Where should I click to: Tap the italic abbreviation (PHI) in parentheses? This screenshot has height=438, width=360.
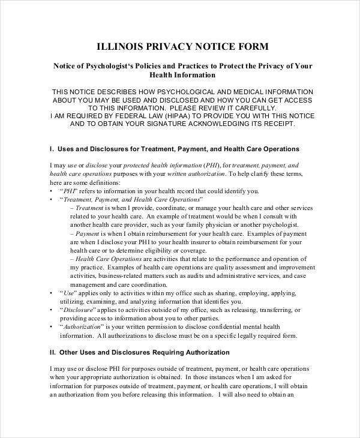pyautogui.click(x=211, y=166)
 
